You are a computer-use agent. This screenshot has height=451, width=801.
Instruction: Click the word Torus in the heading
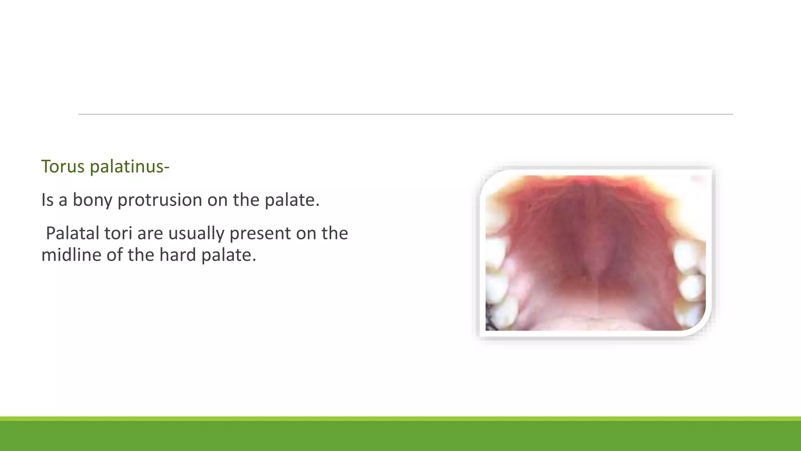coord(63,166)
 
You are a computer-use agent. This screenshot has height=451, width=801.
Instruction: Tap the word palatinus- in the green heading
coord(129,166)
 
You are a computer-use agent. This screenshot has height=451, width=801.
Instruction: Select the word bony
coord(92,200)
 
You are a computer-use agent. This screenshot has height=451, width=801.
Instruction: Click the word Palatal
coord(72,233)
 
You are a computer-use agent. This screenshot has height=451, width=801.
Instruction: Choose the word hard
coord(177,255)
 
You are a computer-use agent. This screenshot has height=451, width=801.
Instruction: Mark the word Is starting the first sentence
coord(47,200)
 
